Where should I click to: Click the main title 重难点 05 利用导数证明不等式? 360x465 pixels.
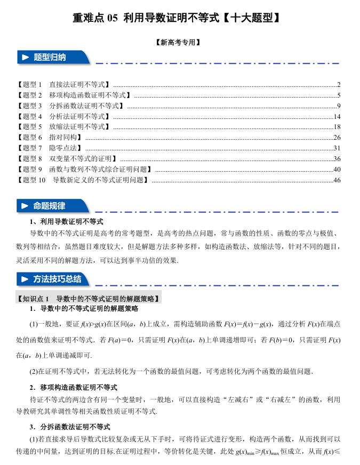177,18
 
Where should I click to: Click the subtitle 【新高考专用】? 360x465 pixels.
179,43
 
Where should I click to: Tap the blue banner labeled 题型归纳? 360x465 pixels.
51,57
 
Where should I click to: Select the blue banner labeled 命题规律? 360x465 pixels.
51,206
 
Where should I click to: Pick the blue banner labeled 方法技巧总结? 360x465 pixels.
53,279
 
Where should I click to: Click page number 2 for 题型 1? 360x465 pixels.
339,85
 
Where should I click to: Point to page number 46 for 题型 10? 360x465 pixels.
337,180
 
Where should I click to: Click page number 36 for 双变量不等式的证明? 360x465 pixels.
337,158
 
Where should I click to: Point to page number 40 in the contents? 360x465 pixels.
337,169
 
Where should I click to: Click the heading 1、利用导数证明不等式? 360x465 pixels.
67,221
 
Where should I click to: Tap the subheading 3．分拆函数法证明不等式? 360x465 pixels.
70,427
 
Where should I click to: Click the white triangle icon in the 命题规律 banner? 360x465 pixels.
25,206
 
